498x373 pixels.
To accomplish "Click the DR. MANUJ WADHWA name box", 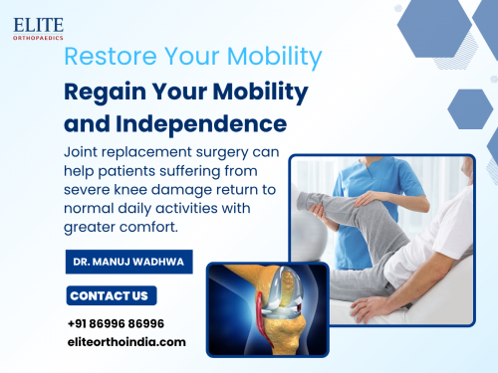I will point(128,263).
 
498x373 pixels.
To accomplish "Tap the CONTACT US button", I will point(111,295).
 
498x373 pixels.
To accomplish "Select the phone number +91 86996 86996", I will point(116,323).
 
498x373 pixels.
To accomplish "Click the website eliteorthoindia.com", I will point(126,341).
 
